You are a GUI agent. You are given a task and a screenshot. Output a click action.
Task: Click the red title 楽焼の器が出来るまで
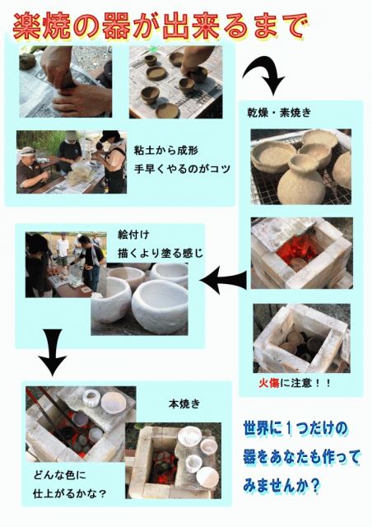(x=159, y=27)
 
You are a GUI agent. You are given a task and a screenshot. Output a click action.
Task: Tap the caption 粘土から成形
(x=166, y=150)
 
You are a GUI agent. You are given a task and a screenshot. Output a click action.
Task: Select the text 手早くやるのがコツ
(x=182, y=168)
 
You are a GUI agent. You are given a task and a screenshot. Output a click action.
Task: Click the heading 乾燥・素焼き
(x=279, y=113)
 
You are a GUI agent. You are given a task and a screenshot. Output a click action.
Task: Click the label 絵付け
(x=133, y=234)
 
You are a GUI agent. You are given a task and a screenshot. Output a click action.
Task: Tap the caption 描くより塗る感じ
(x=160, y=253)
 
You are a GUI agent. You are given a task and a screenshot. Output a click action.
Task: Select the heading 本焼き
(x=184, y=403)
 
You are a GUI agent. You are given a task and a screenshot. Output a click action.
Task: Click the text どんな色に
(x=59, y=475)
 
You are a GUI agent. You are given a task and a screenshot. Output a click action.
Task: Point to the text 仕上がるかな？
(x=70, y=493)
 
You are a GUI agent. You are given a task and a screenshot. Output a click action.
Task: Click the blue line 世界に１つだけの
(x=295, y=429)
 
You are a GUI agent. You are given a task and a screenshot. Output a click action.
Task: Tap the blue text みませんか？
(x=281, y=486)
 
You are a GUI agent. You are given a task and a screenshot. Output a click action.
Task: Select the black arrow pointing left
(x=225, y=280)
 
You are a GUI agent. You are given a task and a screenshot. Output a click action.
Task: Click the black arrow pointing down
(x=53, y=352)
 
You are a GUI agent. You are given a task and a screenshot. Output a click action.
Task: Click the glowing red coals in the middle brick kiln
(x=295, y=250)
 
